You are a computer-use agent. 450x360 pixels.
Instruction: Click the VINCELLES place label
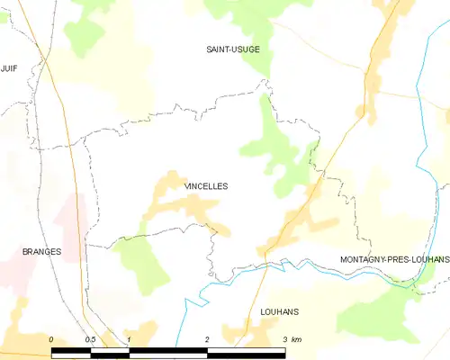pos(206,186)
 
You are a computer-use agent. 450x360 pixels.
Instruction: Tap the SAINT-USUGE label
pos(233,49)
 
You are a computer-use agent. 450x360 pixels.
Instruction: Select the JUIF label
pos(10,67)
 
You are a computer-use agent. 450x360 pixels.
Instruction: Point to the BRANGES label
pos(41,252)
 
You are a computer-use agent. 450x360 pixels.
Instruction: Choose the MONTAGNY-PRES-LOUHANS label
pos(394,259)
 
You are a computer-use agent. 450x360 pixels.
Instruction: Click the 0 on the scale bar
pos(52,338)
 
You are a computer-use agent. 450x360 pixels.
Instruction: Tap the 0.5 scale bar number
pos(91,338)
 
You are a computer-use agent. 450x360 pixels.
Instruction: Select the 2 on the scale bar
pos(207,338)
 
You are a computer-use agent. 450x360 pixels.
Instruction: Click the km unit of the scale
pos(297,338)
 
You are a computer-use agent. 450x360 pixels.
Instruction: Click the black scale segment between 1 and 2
pos(168,350)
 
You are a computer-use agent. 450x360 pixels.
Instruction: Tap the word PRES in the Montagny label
pos(394,259)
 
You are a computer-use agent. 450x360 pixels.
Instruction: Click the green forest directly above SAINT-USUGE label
pos(238,18)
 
